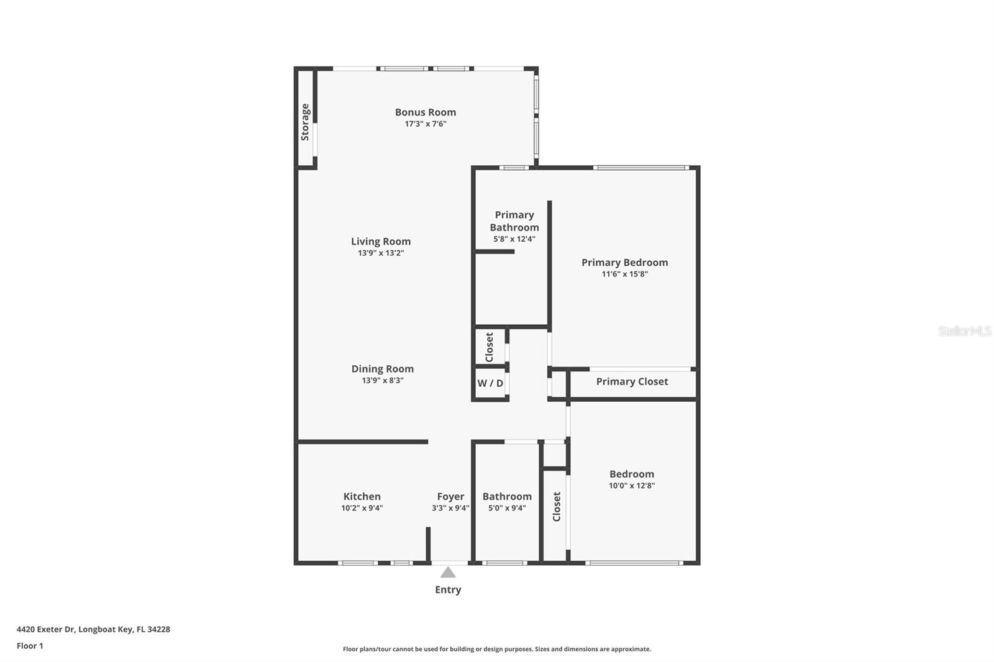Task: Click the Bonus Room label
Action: click(426, 112)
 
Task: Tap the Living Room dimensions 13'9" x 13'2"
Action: click(381, 253)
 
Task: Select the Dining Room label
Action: click(382, 369)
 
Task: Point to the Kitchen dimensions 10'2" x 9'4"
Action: click(362, 508)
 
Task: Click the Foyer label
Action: click(450, 496)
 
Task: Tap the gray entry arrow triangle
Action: click(448, 573)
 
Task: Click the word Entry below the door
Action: click(448, 590)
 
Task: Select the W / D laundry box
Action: click(490, 383)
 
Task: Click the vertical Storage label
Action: click(305, 122)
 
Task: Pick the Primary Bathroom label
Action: click(514, 221)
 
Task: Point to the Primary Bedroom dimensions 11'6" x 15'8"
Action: click(624, 274)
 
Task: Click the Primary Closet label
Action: click(632, 381)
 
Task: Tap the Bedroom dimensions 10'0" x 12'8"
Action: click(631, 486)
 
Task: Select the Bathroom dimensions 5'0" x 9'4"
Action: click(507, 508)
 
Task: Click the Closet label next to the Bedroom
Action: click(557, 507)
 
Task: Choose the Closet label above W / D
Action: click(489, 347)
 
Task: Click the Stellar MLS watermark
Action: click(964, 331)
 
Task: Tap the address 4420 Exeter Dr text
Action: click(93, 629)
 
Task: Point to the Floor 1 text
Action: click(30, 646)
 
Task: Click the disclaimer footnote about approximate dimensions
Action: click(497, 649)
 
